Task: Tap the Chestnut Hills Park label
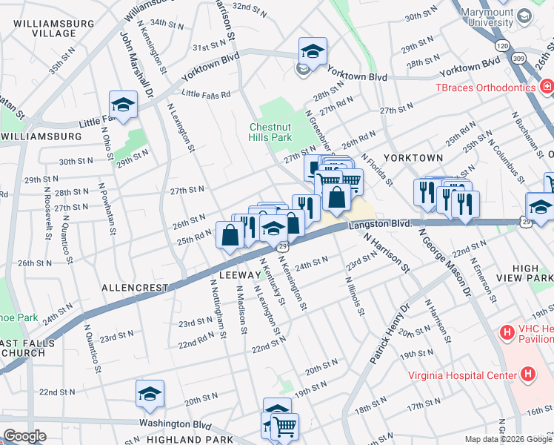pos(272,131)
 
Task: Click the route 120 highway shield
pos(503,45)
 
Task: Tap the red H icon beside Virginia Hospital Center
pos(527,374)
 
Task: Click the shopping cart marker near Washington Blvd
pos(284,426)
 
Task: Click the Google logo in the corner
pos(24,435)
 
